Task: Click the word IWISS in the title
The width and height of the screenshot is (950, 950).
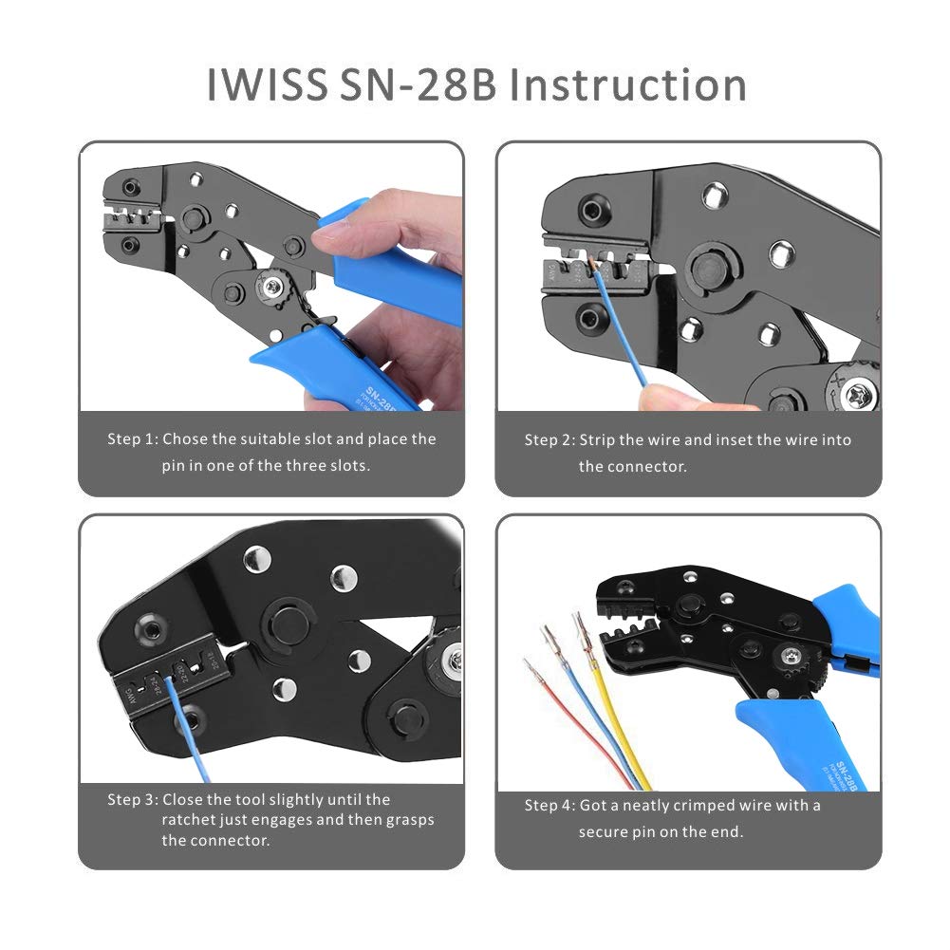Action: [267, 84]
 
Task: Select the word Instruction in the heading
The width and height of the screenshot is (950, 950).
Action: [628, 84]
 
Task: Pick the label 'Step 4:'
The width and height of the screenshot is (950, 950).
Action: [549, 806]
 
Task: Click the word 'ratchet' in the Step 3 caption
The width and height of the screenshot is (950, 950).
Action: [190, 820]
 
